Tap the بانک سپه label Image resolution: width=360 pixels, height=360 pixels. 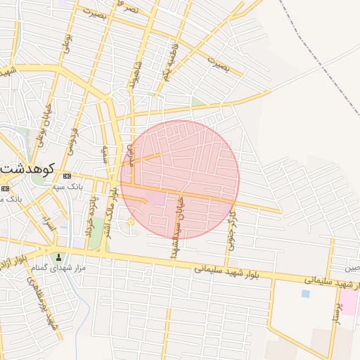[69, 187]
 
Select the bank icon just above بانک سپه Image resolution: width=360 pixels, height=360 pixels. [67, 176]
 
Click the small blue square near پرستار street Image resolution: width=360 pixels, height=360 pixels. [305, 293]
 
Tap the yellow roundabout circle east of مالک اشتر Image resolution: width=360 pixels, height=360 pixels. [131, 222]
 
